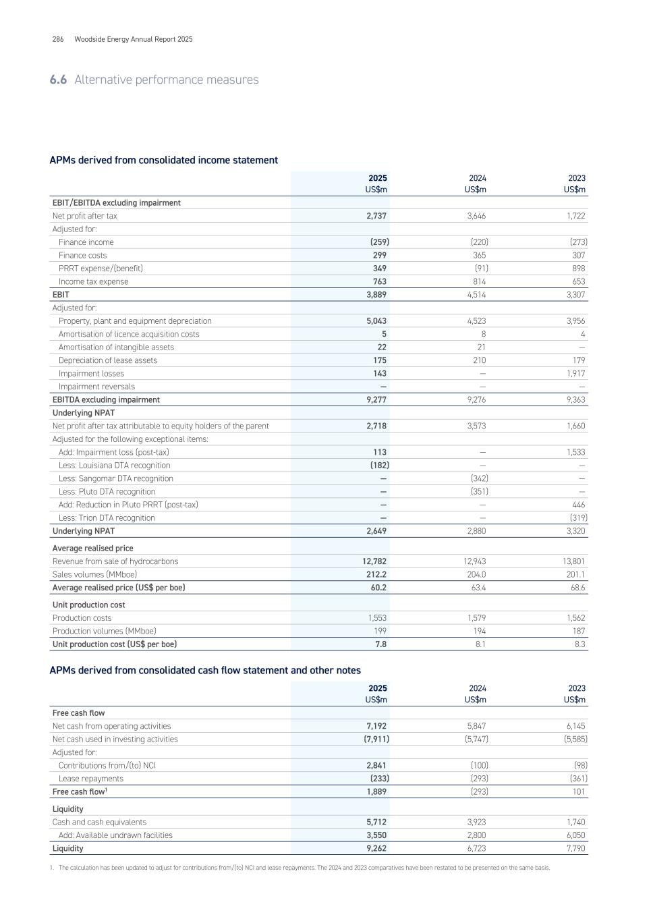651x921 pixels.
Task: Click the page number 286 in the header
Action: click(58, 39)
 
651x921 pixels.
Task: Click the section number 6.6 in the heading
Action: click(58, 80)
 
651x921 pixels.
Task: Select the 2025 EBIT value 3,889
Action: click(375, 295)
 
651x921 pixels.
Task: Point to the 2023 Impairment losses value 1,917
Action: click(575, 374)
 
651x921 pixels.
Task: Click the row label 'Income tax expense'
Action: click(93, 282)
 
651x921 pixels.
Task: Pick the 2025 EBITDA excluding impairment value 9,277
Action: click(375, 400)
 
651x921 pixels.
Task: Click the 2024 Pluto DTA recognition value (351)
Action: click(479, 492)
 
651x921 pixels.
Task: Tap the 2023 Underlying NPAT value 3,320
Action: click(575, 531)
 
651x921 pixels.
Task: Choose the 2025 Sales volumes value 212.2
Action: click(374, 575)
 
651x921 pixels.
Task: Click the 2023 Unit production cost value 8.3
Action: click(579, 644)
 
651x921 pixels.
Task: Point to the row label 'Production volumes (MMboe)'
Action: click(104, 632)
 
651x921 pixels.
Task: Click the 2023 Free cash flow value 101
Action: click(578, 792)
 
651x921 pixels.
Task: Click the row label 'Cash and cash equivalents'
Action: click(99, 822)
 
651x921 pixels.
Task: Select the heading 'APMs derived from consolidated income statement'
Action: click(163, 161)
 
